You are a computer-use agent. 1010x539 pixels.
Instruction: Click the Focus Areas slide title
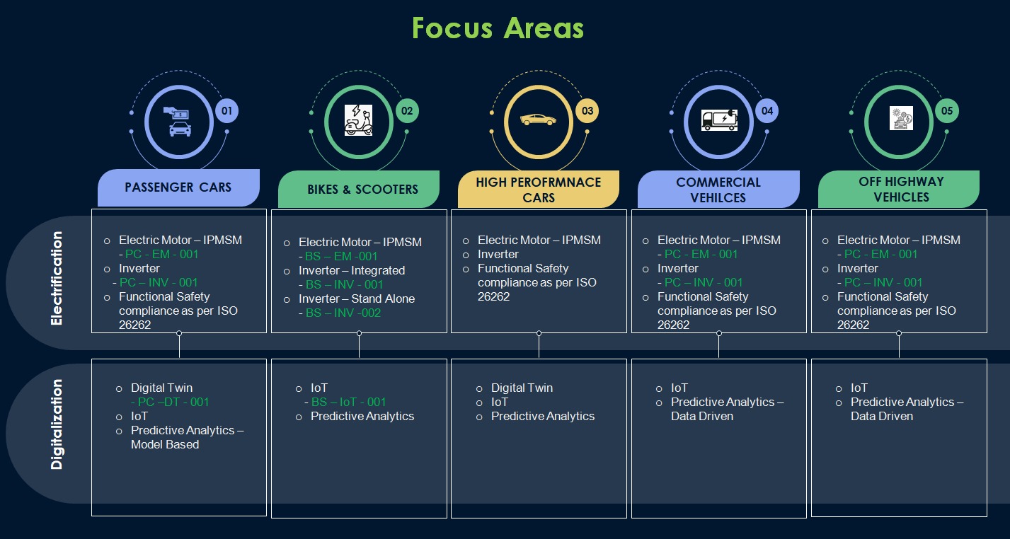(498, 28)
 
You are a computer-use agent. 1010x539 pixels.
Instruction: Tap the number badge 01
(226, 111)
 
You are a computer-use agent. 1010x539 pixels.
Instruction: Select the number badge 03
(587, 111)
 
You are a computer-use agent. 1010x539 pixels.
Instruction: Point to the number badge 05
(947, 111)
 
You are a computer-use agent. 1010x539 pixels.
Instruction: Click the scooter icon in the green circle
(358, 120)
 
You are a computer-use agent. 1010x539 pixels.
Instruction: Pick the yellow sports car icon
(538, 120)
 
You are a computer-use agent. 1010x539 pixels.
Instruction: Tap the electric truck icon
(718, 120)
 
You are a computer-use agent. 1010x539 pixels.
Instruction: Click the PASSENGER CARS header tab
(178, 187)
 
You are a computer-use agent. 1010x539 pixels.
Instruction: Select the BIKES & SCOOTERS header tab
(362, 190)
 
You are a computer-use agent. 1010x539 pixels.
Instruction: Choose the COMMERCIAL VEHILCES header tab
(718, 190)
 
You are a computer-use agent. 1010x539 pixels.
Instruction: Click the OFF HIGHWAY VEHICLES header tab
(900, 189)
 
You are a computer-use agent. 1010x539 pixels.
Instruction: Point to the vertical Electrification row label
(57, 278)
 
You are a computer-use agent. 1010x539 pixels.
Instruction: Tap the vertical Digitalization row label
(57, 424)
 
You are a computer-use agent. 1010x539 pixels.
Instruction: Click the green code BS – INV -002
(343, 313)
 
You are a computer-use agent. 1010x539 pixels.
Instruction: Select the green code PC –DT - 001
(169, 402)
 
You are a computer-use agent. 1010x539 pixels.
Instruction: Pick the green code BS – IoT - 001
(348, 402)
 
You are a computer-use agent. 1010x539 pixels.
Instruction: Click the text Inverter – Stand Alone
(357, 299)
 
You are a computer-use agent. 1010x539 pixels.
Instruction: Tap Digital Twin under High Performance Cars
(522, 388)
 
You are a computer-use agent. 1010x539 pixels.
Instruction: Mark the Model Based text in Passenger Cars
(165, 444)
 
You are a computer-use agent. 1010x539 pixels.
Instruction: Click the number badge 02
(407, 111)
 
